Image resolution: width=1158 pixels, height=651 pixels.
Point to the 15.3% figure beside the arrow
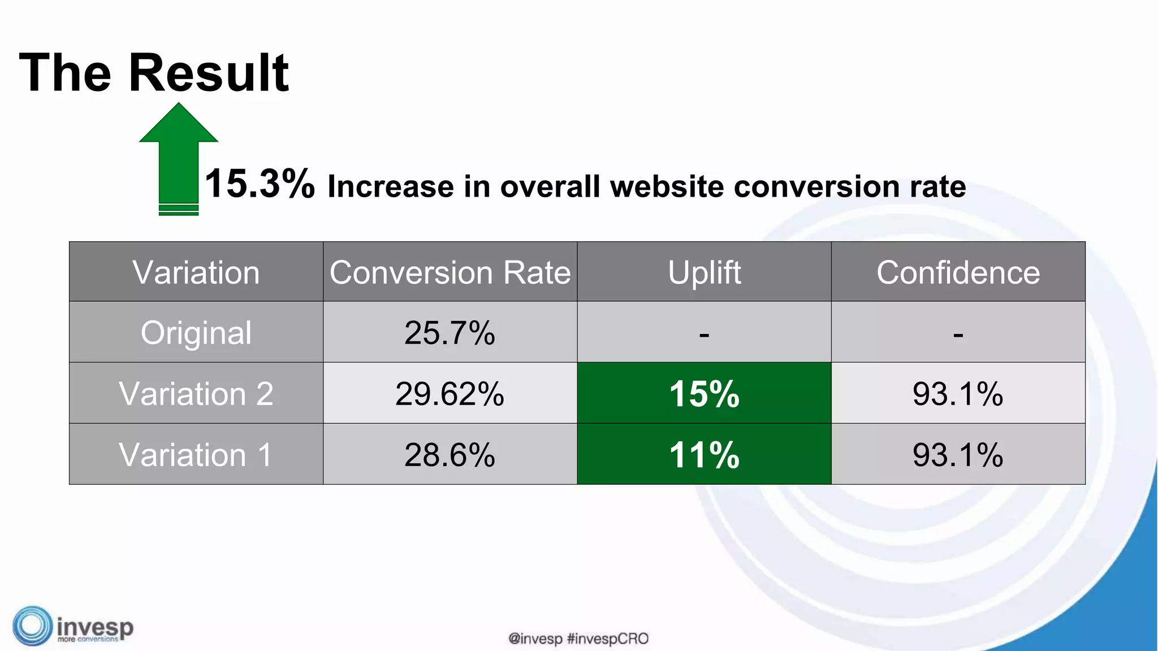click(260, 184)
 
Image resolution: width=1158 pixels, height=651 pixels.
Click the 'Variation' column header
click(196, 272)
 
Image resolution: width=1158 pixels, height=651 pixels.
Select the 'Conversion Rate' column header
click(450, 272)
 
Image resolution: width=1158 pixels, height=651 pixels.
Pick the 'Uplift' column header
click(704, 272)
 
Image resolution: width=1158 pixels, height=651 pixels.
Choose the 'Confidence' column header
click(958, 272)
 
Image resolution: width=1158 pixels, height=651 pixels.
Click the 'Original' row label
click(196, 332)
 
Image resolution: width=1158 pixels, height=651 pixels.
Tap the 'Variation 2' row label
click(196, 393)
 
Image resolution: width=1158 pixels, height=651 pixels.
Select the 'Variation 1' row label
click(196, 454)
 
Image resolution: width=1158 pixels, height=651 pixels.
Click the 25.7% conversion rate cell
click(450, 332)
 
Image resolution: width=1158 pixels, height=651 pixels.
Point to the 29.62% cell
click(450, 393)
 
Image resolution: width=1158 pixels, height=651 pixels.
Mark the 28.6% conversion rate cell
click(450, 454)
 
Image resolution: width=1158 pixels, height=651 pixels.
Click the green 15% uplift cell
click(704, 393)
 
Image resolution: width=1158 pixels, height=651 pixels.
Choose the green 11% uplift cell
click(704, 454)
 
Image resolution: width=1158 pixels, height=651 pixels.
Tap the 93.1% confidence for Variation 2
click(958, 393)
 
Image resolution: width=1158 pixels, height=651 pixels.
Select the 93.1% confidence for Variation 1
click(958, 454)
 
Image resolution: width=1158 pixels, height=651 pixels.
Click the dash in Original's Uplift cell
click(704, 335)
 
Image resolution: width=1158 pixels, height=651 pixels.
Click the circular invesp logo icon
click(32, 626)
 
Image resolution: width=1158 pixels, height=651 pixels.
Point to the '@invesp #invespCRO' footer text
click(578, 639)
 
